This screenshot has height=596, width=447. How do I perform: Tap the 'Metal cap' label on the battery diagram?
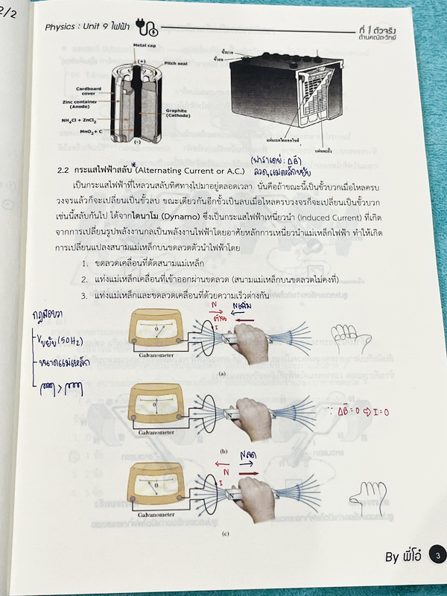[x=144, y=45]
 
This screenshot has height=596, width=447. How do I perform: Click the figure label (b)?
[x=223, y=452]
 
